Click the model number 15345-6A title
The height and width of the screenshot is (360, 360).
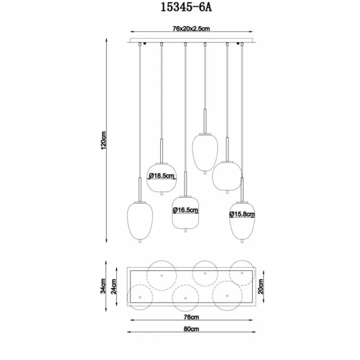(x=186, y=7)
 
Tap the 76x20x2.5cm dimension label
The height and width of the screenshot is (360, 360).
(x=191, y=29)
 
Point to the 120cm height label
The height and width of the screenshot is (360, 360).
(x=103, y=140)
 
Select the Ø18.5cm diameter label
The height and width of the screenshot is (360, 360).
(x=162, y=176)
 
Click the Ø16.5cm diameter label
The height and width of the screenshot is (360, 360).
(x=185, y=210)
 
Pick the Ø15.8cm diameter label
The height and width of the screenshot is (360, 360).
(x=242, y=214)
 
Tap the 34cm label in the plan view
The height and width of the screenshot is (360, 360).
(x=103, y=286)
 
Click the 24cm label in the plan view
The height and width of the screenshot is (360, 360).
(x=114, y=287)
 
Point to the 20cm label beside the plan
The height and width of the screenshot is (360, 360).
(x=261, y=287)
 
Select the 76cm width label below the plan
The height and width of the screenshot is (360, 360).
(x=191, y=317)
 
